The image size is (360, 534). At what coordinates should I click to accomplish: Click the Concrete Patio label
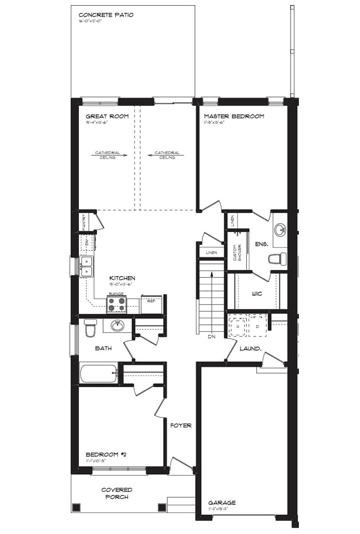106,15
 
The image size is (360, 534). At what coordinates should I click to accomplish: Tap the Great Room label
107,116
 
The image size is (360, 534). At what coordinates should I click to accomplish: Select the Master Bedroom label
234,116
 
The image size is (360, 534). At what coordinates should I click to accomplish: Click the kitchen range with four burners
116,305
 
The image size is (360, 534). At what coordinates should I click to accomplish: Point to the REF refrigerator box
151,305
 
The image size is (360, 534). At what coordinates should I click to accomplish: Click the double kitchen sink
86,267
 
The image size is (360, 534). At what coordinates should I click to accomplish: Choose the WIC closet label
257,294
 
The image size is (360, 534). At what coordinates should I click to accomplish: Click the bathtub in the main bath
98,373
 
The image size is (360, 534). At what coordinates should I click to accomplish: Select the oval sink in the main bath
117,326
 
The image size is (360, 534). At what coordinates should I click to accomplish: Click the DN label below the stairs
212,337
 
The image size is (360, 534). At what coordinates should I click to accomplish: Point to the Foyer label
181,426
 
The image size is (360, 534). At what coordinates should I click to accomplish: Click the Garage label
222,503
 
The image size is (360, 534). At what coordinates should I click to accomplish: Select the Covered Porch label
117,493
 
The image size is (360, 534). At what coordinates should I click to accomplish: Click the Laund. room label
250,349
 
